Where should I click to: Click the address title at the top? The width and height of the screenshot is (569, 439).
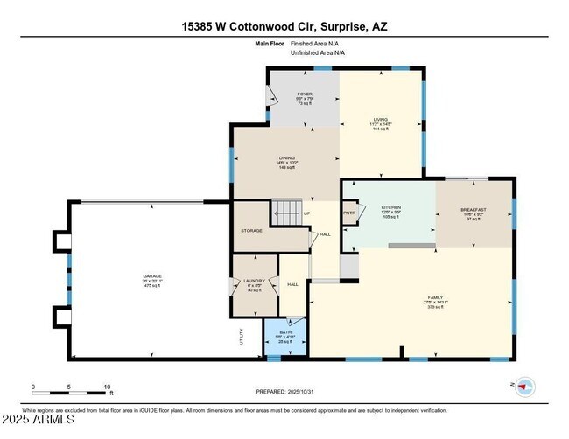pos(284,26)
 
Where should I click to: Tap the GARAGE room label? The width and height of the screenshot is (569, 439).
pos(152,276)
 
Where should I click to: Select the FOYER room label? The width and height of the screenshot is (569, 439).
pos(304,93)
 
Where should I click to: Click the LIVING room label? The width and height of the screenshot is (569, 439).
pos(381,119)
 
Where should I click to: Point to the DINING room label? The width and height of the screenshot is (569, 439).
pos(286,157)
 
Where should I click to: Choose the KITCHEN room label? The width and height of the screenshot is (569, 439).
pos(390,207)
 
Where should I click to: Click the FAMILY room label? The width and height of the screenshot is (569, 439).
pos(436,297)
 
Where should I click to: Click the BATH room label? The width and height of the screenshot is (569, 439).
pos(284,332)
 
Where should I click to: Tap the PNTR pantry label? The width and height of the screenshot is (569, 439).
pos(349,213)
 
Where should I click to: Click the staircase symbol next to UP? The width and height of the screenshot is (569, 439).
pos(285,212)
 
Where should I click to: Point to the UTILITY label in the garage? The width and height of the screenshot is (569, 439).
pos(241,337)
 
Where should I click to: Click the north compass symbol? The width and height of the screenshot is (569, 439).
pos(524,385)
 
